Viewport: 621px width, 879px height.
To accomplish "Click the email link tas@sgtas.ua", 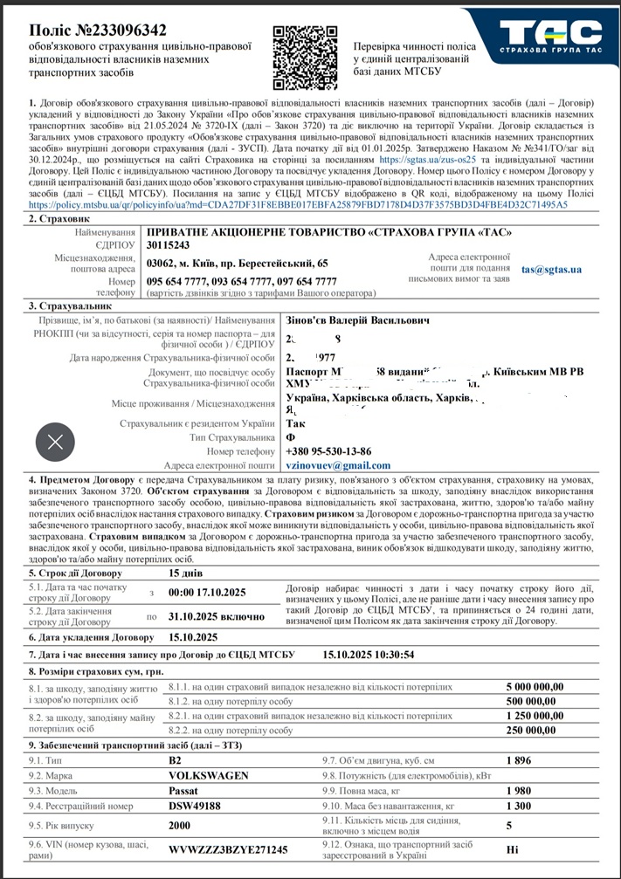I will [x=551, y=270].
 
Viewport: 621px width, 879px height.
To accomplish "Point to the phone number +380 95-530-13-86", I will [x=328, y=451].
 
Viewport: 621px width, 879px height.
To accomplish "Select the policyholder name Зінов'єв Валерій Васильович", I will [x=358, y=321].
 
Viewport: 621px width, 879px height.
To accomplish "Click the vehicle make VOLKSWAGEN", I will [x=208, y=775].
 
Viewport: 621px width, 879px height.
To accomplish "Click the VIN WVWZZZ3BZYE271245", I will [x=227, y=849].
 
